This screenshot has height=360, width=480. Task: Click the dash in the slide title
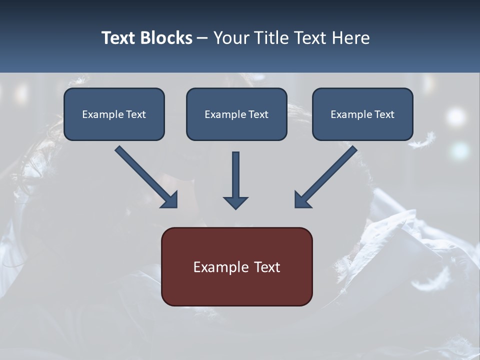click(202, 38)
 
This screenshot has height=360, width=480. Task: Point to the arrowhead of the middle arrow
click(235, 202)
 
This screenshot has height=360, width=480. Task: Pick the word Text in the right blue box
click(384, 114)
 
